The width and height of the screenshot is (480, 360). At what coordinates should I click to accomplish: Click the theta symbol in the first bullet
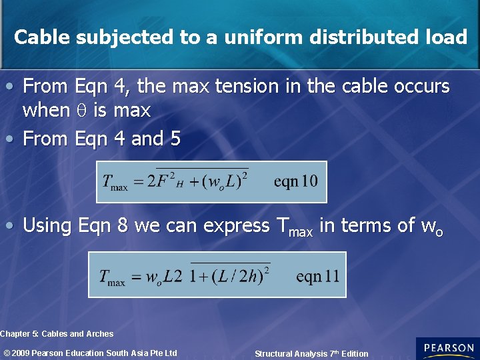81,110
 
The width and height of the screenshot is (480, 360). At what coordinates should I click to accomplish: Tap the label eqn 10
295,181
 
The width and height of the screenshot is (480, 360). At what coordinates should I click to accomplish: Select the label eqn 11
317,275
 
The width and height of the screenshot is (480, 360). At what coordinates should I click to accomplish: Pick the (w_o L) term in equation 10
223,181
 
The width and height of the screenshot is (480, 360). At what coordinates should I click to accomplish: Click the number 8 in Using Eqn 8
122,225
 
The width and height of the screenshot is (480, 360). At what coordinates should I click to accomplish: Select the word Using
47,225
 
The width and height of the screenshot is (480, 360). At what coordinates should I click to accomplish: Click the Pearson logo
447,349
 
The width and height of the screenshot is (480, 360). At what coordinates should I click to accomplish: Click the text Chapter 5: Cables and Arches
57,333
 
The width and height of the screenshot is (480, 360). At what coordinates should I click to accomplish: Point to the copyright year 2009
21,353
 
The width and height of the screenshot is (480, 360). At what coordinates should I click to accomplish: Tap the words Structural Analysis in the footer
291,354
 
